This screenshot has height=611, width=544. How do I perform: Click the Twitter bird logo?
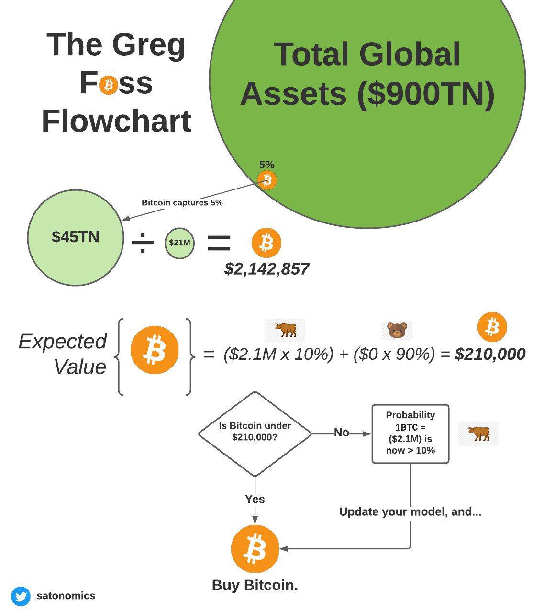(x=21, y=596)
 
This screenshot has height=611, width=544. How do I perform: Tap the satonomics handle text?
(x=66, y=596)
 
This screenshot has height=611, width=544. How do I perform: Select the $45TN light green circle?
(x=76, y=237)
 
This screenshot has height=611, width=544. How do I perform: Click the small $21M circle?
(x=179, y=243)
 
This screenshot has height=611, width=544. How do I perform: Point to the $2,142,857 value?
(x=266, y=269)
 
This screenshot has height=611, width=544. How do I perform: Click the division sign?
(x=143, y=243)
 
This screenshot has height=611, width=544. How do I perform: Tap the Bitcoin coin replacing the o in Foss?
(x=109, y=85)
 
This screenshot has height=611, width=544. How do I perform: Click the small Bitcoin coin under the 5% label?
(x=267, y=180)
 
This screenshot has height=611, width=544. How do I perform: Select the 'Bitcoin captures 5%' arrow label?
(x=182, y=202)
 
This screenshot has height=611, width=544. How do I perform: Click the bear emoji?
(x=397, y=330)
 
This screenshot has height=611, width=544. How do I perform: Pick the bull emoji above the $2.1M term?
(x=285, y=330)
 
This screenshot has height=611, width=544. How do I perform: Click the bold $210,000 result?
(x=490, y=354)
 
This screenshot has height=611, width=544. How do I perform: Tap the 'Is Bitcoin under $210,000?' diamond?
(x=255, y=434)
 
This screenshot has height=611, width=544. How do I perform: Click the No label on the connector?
(x=341, y=433)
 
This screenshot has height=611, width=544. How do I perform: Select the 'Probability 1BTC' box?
(x=410, y=433)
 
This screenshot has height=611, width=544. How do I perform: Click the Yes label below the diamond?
(x=255, y=499)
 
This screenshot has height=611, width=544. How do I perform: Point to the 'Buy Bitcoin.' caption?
(x=255, y=585)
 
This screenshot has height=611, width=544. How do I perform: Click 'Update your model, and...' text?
(x=410, y=511)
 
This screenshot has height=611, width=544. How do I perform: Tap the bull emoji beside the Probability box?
(x=478, y=433)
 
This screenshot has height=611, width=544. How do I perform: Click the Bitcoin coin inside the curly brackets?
(x=154, y=350)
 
